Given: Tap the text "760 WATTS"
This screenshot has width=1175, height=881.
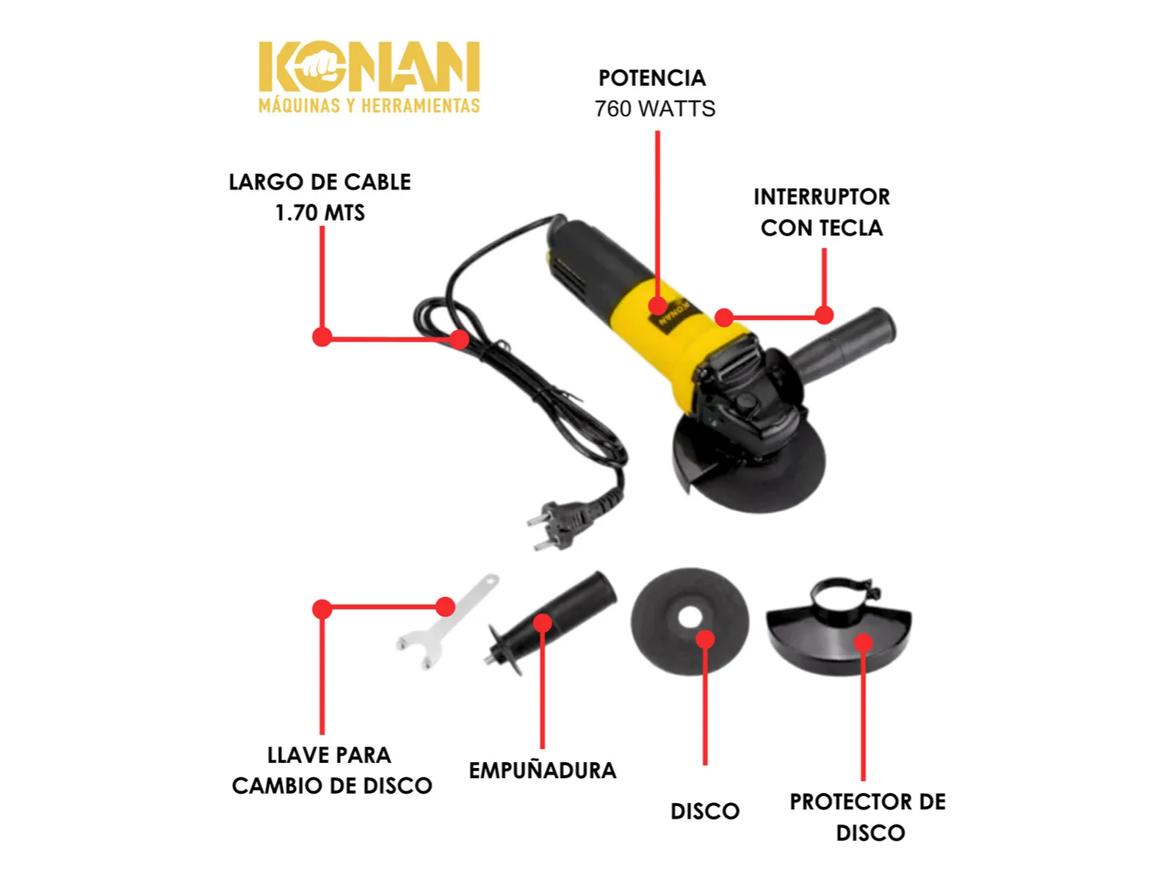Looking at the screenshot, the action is pos(654,109).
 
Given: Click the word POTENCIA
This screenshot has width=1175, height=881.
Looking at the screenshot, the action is pos(651,78).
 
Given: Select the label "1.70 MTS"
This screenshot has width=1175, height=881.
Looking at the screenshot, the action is pos(319,213).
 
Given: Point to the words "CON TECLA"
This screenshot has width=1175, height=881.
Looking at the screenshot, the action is pos(821,228).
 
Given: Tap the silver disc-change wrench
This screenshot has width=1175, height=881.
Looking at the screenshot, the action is pos(447,622).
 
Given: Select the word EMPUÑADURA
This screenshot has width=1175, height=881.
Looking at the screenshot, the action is pos(542,771).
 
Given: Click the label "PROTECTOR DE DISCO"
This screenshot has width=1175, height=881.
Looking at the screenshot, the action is pos(868,817).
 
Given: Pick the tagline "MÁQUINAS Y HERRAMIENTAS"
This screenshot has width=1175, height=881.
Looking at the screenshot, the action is pos(369,106).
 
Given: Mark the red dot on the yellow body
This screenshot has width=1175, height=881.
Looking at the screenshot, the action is pos(657,306).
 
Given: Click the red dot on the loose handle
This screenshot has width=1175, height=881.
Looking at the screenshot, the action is pos(542,623).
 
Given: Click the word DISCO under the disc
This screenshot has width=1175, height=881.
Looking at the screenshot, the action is pos(704,811).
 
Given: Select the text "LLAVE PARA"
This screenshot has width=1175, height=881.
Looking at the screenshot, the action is pos(329,755).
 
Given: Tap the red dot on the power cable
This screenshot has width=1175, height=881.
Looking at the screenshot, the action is pos(459,339).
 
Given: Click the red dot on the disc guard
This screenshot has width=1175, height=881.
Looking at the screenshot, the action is pos(863,642).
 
